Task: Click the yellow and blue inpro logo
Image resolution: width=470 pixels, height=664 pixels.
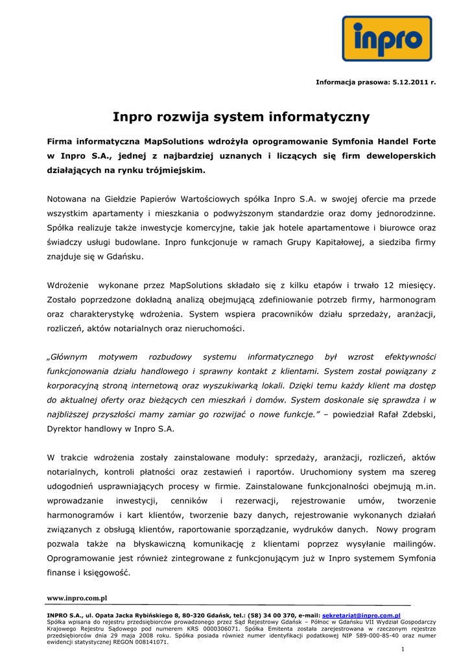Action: pyautogui.click(x=387, y=38)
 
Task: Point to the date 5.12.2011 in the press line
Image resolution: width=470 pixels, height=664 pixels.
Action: pyautogui.click(x=411, y=82)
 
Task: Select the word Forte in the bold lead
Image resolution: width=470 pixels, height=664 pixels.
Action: pyautogui.click(x=423, y=141)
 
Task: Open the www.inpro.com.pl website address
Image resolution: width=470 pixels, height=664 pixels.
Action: pyautogui.click(x=76, y=598)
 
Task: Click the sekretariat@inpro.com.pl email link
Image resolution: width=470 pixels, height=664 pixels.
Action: pyautogui.click(x=361, y=615)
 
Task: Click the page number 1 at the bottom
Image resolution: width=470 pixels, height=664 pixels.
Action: pyautogui.click(x=403, y=649)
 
